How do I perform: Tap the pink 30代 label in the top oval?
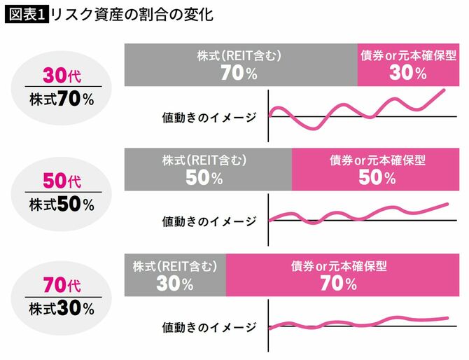pos(62,75)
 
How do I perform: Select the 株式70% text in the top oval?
pos(62,99)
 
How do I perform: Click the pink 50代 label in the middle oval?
pos(62,181)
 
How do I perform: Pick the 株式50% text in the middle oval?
pos(62,205)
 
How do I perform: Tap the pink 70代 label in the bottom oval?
pos(62,285)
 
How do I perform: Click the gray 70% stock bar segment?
pos(241,65)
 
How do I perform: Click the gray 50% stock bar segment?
pos(208,170)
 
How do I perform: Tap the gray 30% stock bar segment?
pos(175,275)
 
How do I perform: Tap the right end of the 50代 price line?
pos(446,204)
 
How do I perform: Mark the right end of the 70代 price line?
pos(446,318)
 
